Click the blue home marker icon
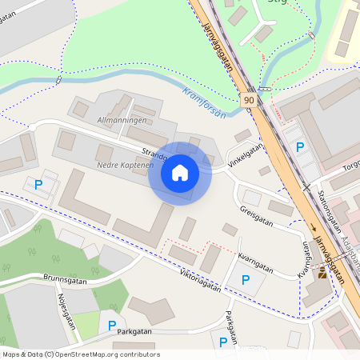pos(180,172)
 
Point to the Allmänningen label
pos(122,119)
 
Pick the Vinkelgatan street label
pos(246,154)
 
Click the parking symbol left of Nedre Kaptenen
pos(38,186)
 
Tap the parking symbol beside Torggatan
pos(300,147)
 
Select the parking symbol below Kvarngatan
pos(246,280)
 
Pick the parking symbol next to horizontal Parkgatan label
pos(112,326)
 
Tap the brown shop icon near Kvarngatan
pos(322,273)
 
